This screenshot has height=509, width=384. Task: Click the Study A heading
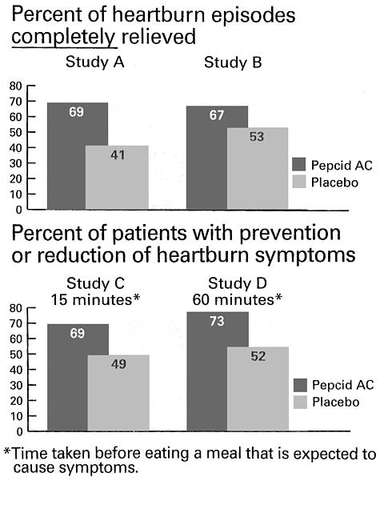click(94, 62)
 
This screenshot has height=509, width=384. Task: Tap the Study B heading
click(233, 62)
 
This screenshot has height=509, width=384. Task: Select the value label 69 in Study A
click(76, 112)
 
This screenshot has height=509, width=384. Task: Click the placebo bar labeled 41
click(117, 177)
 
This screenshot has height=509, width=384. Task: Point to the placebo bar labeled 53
click(258, 168)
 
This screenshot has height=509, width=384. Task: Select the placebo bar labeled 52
click(258, 389)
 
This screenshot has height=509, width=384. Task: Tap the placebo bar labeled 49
click(118, 393)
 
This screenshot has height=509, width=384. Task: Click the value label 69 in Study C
click(78, 334)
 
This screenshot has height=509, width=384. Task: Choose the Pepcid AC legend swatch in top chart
click(298, 165)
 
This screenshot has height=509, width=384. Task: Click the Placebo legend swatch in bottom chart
click(300, 403)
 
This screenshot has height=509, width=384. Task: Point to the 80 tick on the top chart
click(15, 86)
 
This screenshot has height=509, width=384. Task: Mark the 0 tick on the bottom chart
click(20, 431)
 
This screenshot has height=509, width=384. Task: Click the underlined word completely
click(64, 37)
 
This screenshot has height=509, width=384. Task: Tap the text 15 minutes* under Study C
click(95, 299)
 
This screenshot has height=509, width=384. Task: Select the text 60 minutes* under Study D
click(237, 299)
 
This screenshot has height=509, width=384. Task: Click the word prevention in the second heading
click(290, 234)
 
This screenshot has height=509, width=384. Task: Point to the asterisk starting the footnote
click(7, 451)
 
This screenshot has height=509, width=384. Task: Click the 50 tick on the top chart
click(15, 132)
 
